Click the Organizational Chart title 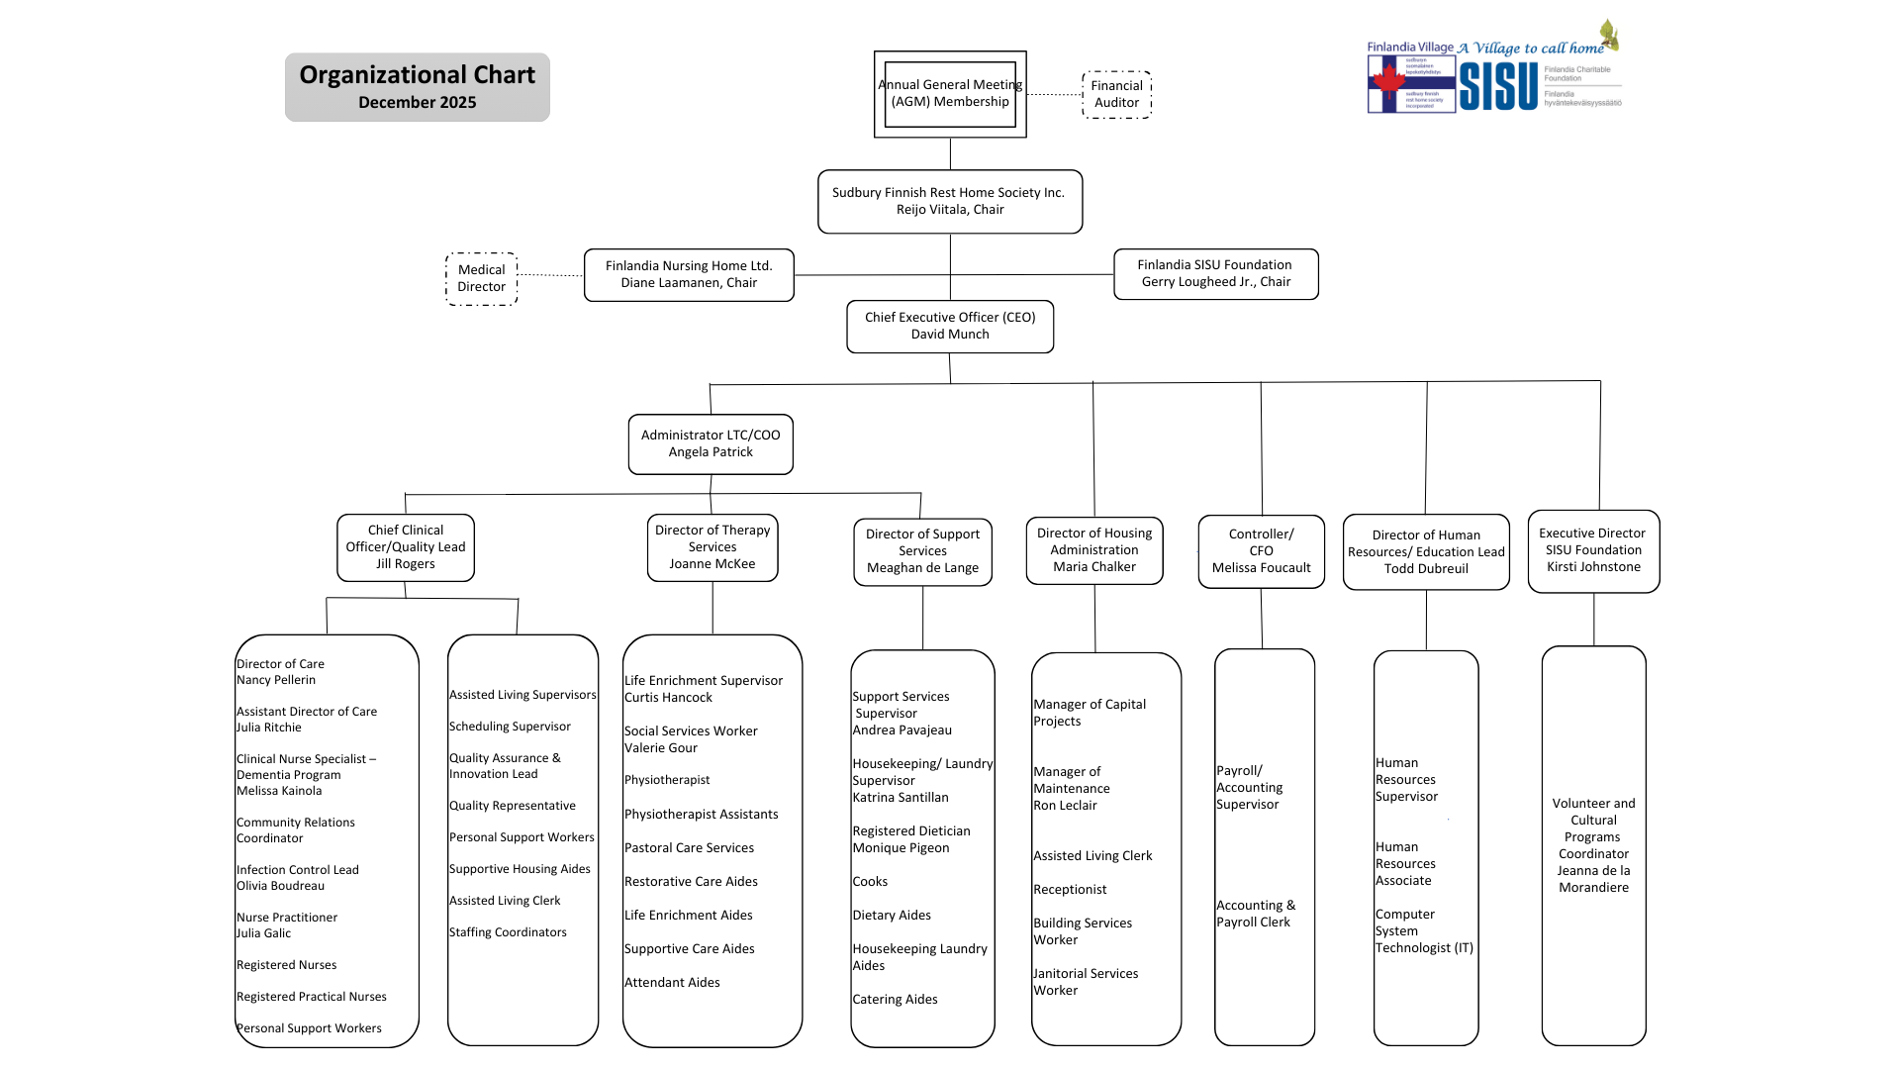(x=417, y=75)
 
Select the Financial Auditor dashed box (x=1116, y=95)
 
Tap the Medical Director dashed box (x=481, y=278)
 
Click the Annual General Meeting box (x=950, y=94)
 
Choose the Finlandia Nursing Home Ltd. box (x=689, y=274)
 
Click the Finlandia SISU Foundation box (x=1215, y=273)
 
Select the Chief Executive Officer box (x=950, y=326)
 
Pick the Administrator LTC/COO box (x=711, y=443)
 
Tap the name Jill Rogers (x=406, y=564)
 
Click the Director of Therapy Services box (x=712, y=546)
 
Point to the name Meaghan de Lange (x=922, y=568)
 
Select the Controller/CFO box (x=1261, y=550)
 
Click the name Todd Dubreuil (x=1426, y=569)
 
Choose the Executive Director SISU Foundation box (x=1593, y=550)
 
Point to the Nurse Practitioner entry (x=287, y=918)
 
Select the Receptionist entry (x=1070, y=890)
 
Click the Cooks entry (x=870, y=882)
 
